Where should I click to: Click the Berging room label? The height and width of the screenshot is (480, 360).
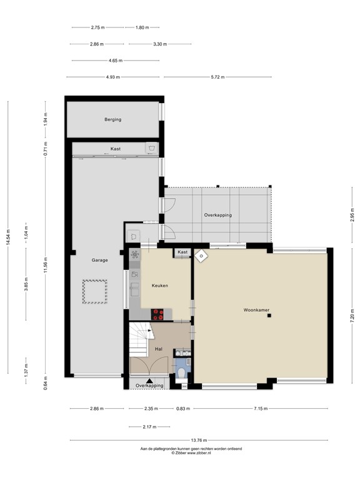point(112,119)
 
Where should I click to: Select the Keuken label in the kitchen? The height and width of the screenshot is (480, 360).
point(160,286)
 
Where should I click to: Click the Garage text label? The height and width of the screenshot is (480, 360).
point(100,260)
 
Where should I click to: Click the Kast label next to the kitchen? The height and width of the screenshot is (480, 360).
point(182,252)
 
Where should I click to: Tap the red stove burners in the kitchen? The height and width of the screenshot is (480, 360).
point(158,315)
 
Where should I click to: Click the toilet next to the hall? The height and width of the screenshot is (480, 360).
point(180,374)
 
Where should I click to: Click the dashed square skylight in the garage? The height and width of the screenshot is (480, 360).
point(95,292)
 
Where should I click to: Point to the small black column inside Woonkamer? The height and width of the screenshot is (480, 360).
point(269,316)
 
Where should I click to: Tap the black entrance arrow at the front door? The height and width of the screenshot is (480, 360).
point(149,380)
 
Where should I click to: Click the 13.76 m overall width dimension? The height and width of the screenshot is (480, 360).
point(200,441)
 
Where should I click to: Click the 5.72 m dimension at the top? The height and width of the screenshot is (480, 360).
point(217,77)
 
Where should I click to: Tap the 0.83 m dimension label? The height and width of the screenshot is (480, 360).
point(182,409)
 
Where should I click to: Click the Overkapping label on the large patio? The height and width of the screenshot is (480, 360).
point(217,215)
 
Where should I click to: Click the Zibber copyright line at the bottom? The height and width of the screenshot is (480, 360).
point(200,453)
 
